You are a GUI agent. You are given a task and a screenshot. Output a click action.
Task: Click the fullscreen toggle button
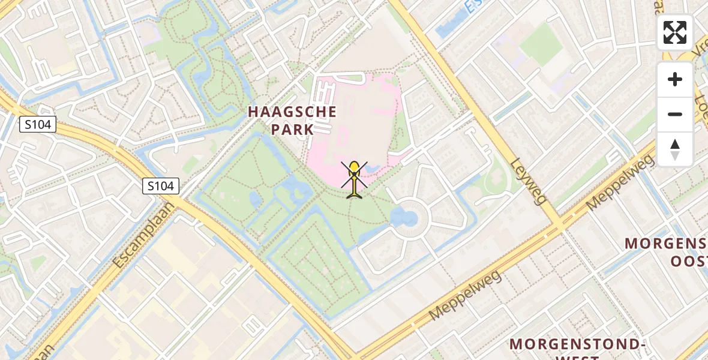coord(675,32)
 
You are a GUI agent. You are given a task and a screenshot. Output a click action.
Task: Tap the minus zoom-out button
coord(675,114)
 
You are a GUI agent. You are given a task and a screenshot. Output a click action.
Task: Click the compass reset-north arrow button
coord(675,149)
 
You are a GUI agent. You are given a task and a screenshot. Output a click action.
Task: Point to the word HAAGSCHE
coord(292,112)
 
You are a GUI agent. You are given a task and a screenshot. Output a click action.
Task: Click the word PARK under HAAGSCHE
coord(292,129)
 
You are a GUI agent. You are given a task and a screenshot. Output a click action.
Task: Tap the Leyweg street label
coord(528,181)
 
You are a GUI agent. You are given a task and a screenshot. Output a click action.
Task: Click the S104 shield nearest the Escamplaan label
coord(161,186)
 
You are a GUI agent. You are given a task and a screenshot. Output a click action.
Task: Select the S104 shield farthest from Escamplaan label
coord(38,125)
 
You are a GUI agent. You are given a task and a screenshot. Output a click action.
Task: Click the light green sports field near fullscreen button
coord(541,45)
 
